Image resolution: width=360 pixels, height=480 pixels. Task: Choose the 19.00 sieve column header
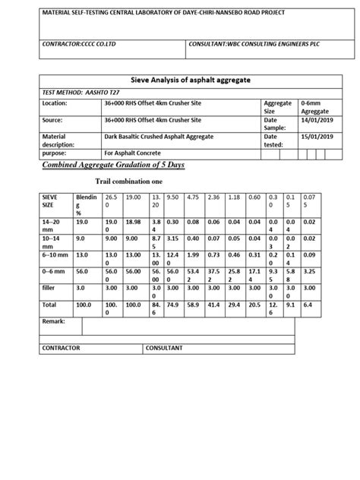pyautogui.click(x=134, y=196)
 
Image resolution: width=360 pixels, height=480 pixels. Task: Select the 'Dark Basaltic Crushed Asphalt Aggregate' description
pyautogui.click(x=160, y=136)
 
